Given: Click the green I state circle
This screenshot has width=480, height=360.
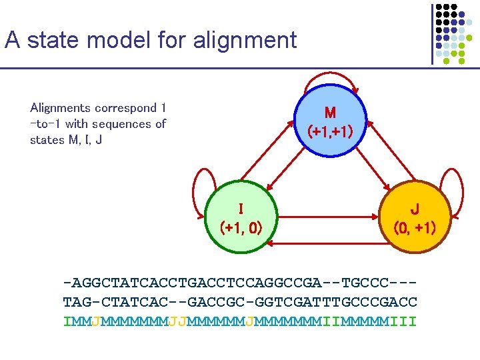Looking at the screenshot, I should point(241,217).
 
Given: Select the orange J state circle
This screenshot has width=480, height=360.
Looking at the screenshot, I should point(414,217).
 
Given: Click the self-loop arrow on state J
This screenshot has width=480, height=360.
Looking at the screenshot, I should point(455,193).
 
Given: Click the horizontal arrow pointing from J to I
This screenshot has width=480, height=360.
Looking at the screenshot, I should point(327,246).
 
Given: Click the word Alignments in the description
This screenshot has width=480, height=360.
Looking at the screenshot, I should point(60,108).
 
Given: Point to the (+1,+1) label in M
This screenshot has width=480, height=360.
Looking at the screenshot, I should point(331,131).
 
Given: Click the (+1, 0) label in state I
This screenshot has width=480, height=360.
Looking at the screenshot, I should point(241,228).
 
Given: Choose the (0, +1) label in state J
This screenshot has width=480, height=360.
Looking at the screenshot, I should point(414,228).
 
